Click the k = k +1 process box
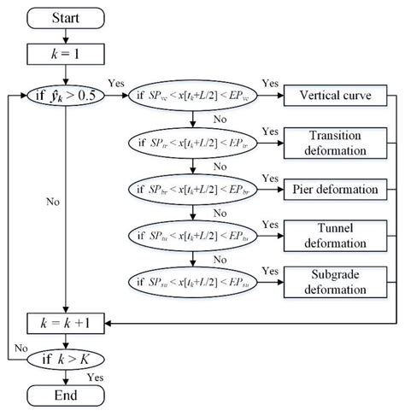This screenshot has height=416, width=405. tap(67, 323)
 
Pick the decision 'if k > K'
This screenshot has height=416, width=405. tap(67, 359)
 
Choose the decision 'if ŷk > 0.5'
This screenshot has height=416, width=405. tap(67, 96)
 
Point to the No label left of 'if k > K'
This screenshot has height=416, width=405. tap(21, 349)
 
